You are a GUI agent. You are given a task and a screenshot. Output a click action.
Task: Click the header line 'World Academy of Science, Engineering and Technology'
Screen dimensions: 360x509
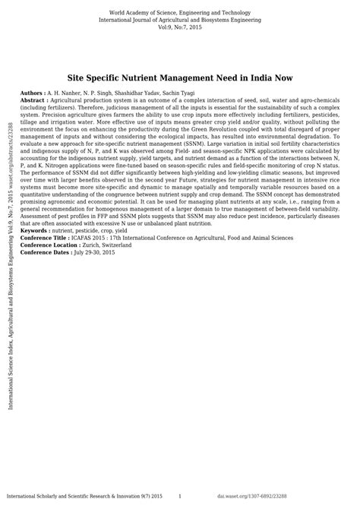pyautogui.click(x=180, y=13)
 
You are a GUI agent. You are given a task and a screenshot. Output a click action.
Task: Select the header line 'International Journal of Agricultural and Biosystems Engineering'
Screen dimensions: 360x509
pyautogui.click(x=180, y=21)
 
